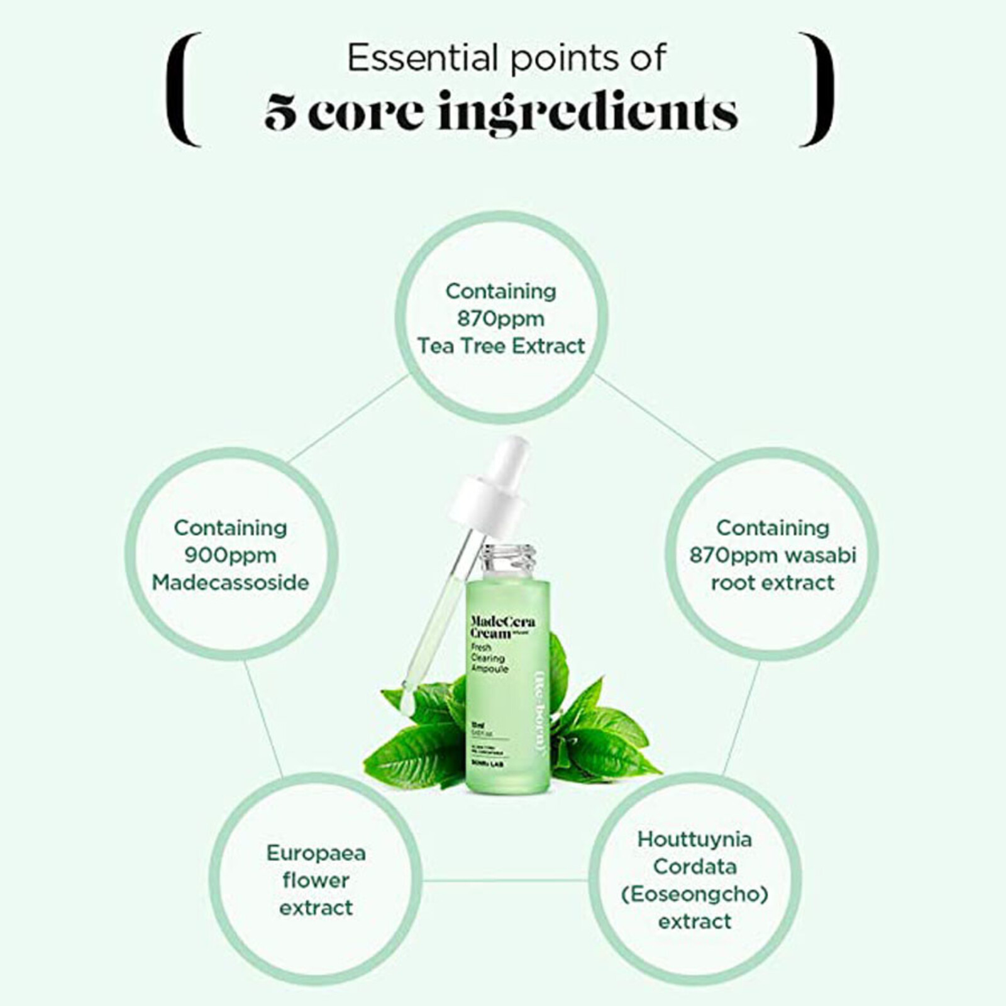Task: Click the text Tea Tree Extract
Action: (501, 346)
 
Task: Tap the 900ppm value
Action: (230, 555)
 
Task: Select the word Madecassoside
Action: (230, 582)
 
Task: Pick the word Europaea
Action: (316, 853)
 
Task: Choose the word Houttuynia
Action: (694, 839)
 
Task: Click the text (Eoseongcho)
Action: (694, 893)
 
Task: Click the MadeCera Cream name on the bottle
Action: (502, 627)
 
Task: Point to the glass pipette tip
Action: (407, 698)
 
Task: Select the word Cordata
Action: (694, 866)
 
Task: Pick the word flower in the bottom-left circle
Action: (316, 880)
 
